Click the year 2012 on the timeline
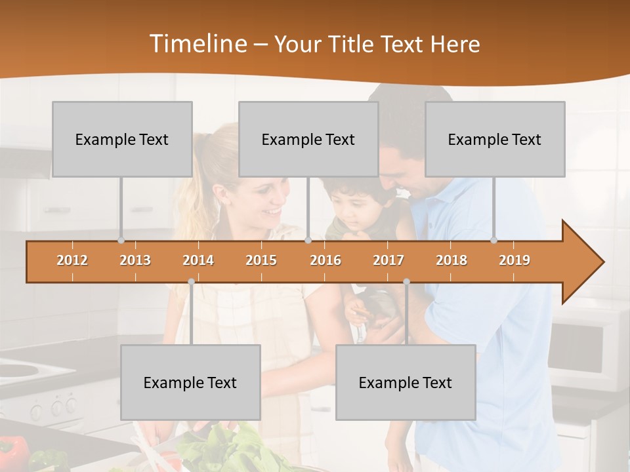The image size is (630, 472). pos(72,260)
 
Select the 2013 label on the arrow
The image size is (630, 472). pos(135,260)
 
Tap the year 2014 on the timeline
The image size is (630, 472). pos(198,260)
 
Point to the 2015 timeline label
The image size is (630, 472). pos(261,260)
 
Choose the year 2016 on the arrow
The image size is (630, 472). pos(325,260)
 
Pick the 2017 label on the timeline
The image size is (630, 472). pos(388,260)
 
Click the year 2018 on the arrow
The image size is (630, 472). pos(451,260)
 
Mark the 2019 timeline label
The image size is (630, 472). pos(514,260)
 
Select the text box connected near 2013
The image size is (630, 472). pos(122,139)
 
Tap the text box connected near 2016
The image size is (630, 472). pos(308,139)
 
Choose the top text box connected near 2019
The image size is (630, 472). pos(495,139)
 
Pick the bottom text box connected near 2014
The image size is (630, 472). pos(190,382)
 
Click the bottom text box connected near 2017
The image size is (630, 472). pos(406,382)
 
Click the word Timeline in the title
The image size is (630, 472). pos(197,44)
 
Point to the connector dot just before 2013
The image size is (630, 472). pos(121,241)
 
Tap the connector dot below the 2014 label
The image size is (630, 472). pos(191,282)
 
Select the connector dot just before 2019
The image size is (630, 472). pos(493,241)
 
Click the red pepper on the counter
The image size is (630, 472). pos(14,452)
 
